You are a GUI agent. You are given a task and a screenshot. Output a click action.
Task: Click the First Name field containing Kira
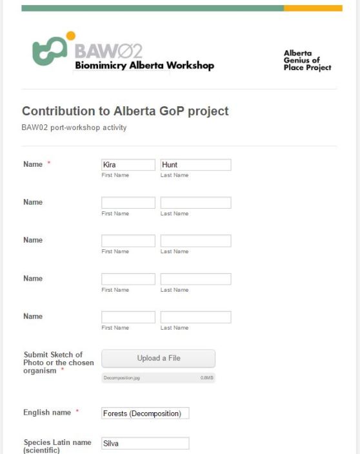(x=128, y=165)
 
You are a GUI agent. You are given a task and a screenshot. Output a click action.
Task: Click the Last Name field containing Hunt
(x=195, y=165)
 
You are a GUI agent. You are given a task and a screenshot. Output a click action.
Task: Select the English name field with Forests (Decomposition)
(x=145, y=413)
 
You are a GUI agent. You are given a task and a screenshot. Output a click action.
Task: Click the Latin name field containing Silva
(x=145, y=443)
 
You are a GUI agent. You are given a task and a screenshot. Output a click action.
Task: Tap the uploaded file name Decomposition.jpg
(x=121, y=378)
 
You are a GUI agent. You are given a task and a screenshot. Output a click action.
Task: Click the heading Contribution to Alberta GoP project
(x=125, y=111)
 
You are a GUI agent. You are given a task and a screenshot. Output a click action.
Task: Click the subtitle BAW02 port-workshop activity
(x=74, y=128)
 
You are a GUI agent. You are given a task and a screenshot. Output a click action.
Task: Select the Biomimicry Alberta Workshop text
(x=145, y=66)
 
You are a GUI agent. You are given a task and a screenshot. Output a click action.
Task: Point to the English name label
(x=46, y=411)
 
